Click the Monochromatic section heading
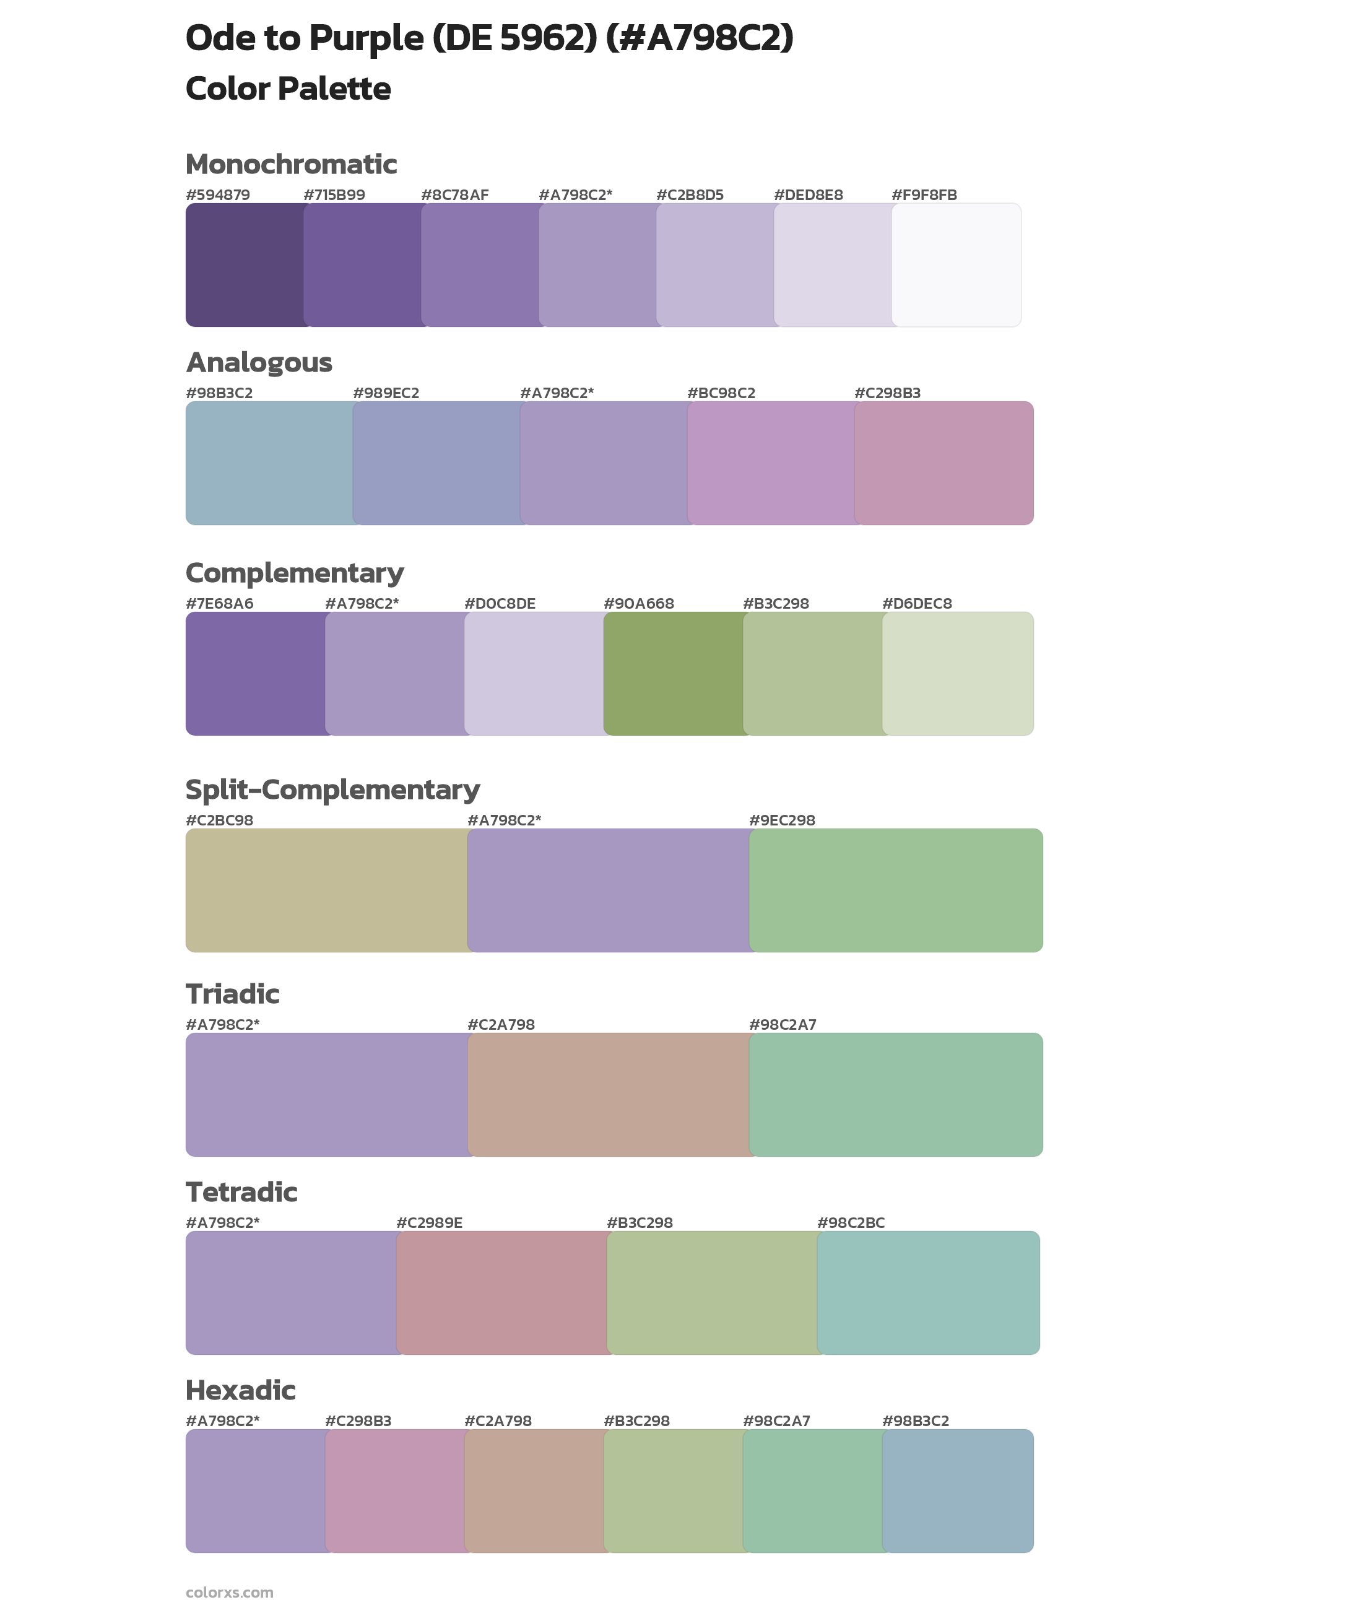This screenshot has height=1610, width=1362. pos(291,165)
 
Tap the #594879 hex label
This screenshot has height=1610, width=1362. pos(218,195)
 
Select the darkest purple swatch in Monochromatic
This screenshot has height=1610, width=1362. pos(244,265)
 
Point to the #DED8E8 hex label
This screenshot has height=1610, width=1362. pos(809,195)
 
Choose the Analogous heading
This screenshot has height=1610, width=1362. pos(259,362)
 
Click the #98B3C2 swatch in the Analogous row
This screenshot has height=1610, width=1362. pos(269,463)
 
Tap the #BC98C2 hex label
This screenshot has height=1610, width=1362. pos(721,393)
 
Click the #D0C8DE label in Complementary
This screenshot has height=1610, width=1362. pos(500,604)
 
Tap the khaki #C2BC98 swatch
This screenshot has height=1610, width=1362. pos(326,890)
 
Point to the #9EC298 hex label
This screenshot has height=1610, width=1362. pos(782,820)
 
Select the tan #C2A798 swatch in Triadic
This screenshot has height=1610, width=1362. pos(608,1095)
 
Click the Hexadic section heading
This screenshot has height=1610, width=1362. pos(241,1391)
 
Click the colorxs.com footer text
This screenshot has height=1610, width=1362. pos(229,1592)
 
